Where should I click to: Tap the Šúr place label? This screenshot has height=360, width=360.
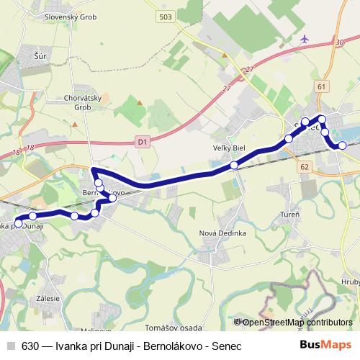40,54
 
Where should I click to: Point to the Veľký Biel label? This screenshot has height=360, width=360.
230,148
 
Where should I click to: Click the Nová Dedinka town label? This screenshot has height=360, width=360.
223,233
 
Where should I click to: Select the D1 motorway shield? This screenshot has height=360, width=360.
142,143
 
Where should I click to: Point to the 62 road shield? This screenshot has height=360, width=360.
305,166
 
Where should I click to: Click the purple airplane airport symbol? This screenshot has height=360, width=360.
305,38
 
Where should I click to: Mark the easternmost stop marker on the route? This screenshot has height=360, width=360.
343,145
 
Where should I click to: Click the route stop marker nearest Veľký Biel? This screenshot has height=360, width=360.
234,166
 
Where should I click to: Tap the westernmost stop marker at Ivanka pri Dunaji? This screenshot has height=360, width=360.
19,223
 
